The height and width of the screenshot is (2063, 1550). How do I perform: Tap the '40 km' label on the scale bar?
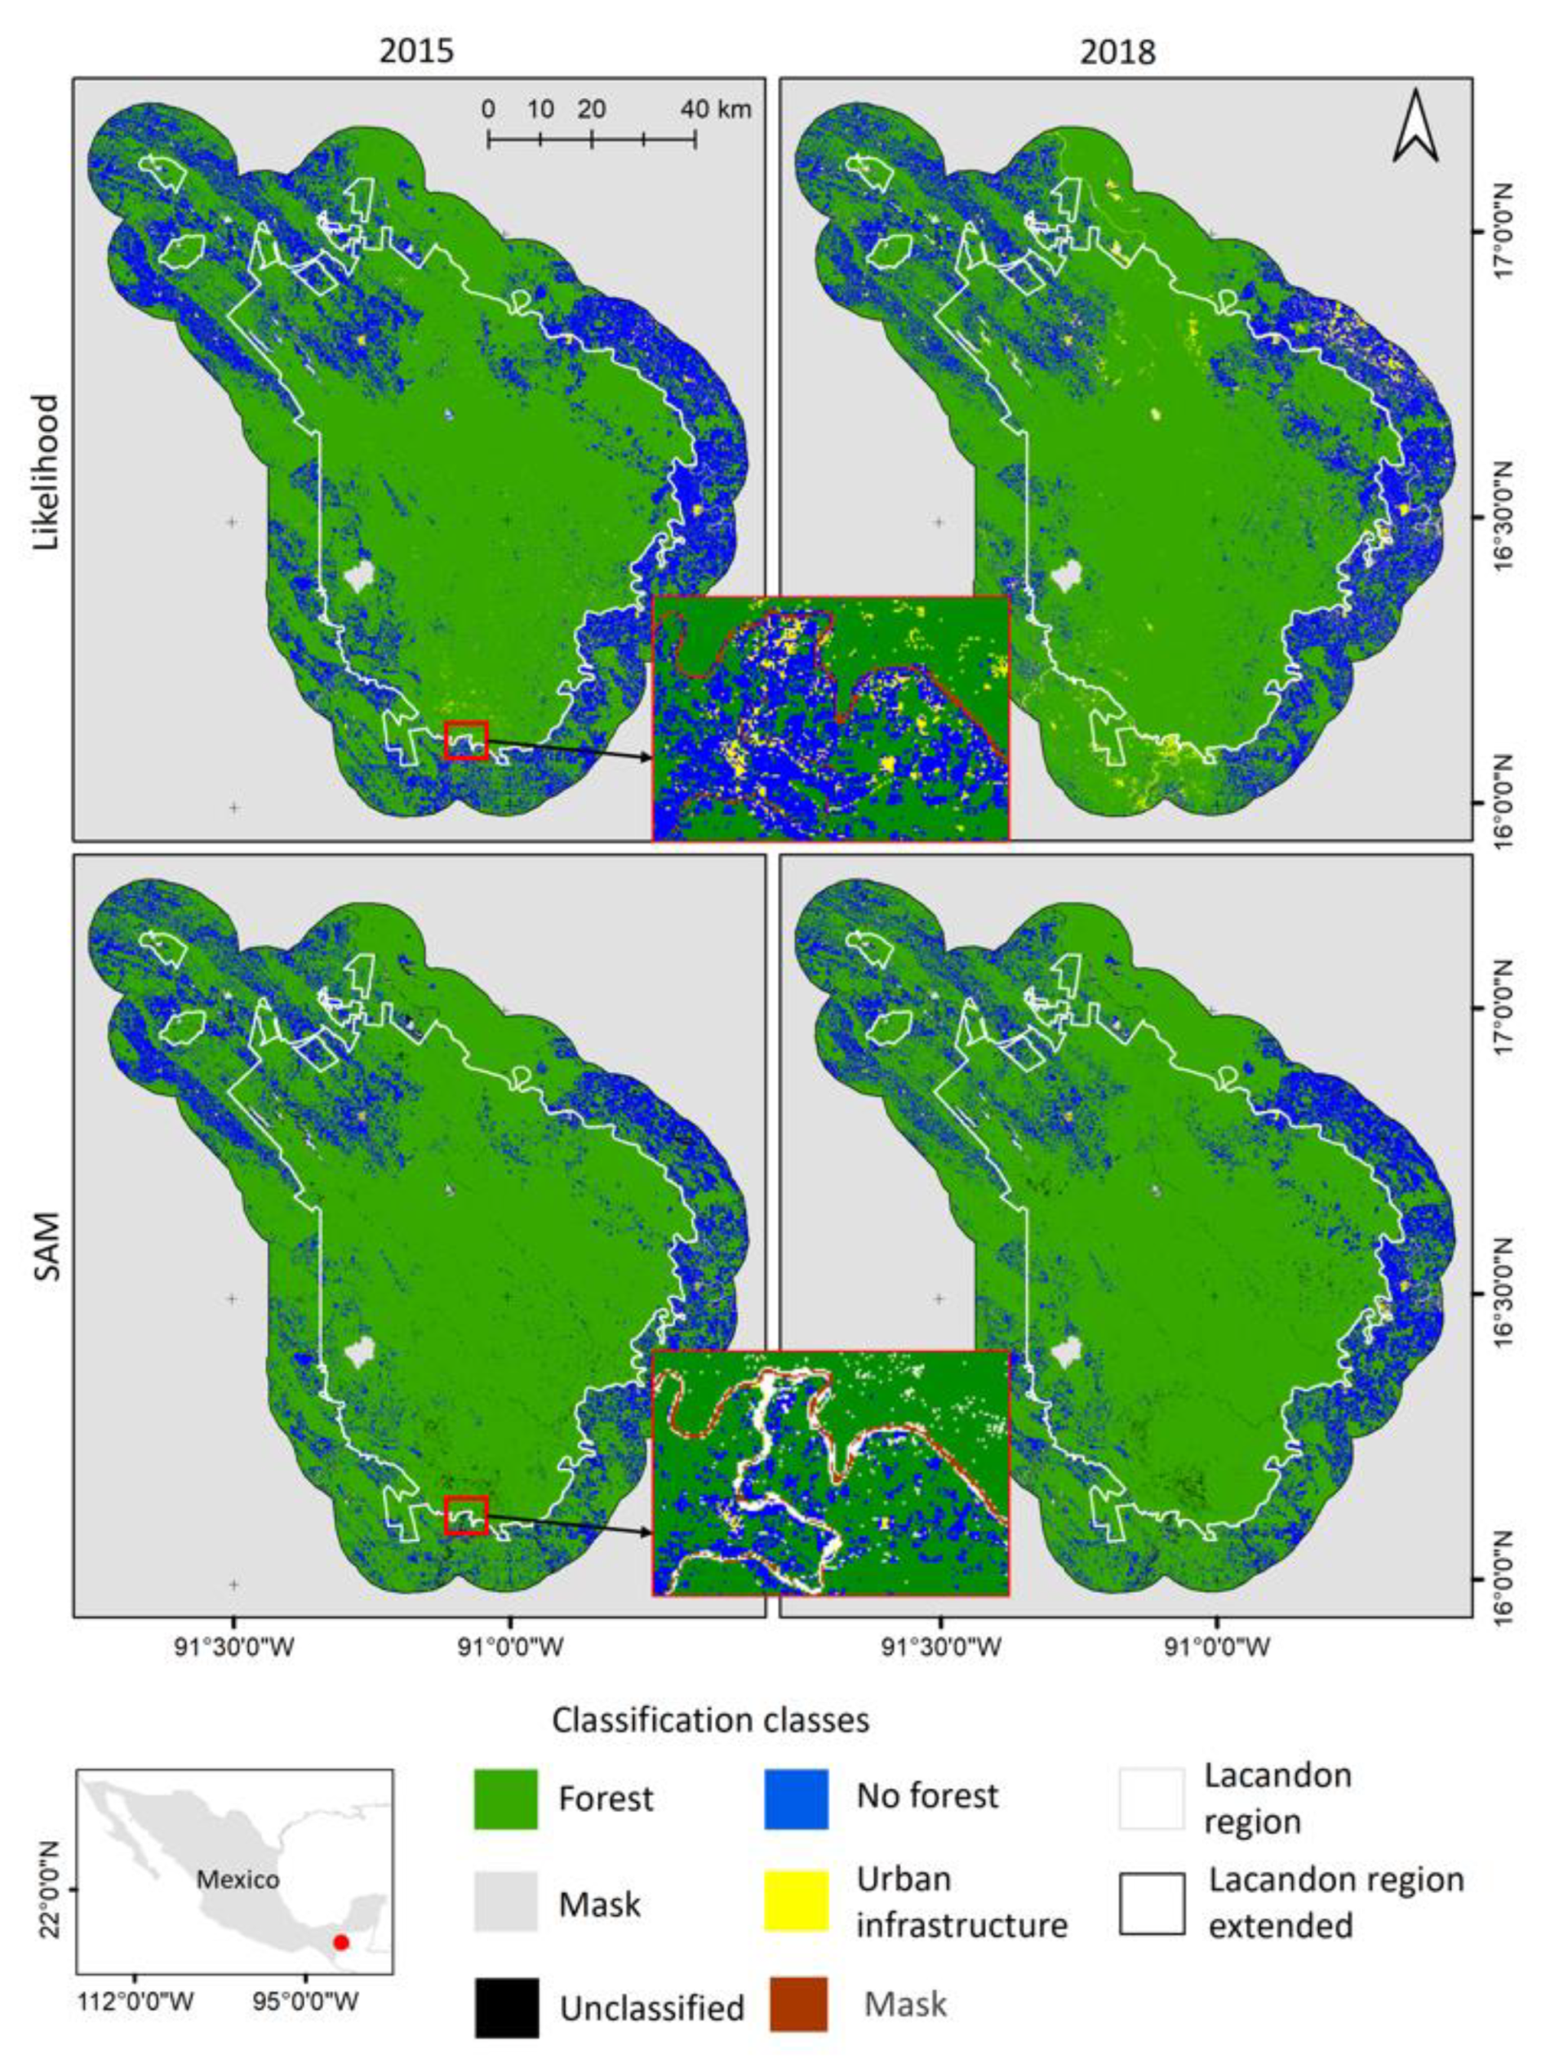click(x=715, y=109)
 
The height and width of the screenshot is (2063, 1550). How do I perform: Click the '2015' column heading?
click(x=416, y=51)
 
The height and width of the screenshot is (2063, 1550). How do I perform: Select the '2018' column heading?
click(x=1117, y=51)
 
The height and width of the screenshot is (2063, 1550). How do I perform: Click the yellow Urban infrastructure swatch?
click(x=796, y=1900)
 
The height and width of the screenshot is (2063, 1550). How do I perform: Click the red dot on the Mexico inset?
click(x=341, y=1943)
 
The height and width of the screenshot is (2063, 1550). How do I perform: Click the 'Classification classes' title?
click(x=710, y=1719)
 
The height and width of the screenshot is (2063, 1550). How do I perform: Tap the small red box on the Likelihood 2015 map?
click(x=466, y=740)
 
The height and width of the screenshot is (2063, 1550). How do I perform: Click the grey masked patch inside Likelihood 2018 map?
click(x=1064, y=575)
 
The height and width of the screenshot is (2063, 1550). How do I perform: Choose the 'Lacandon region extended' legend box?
click(x=1153, y=1904)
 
